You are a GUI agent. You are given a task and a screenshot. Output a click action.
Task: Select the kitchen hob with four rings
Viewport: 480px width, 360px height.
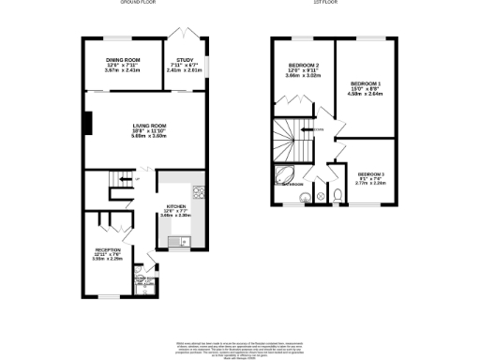pos(199,198)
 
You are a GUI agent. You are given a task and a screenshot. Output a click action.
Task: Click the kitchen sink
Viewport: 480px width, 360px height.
pos(177,243)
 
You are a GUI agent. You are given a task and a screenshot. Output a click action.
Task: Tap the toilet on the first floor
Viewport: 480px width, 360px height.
pos(336,195)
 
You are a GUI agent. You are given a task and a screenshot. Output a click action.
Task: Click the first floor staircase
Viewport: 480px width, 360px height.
pos(292,141)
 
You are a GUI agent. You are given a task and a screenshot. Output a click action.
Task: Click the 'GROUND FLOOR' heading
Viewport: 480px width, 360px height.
pos(138,4)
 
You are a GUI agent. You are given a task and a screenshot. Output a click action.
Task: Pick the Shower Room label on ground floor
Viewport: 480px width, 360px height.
pos(145,279)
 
